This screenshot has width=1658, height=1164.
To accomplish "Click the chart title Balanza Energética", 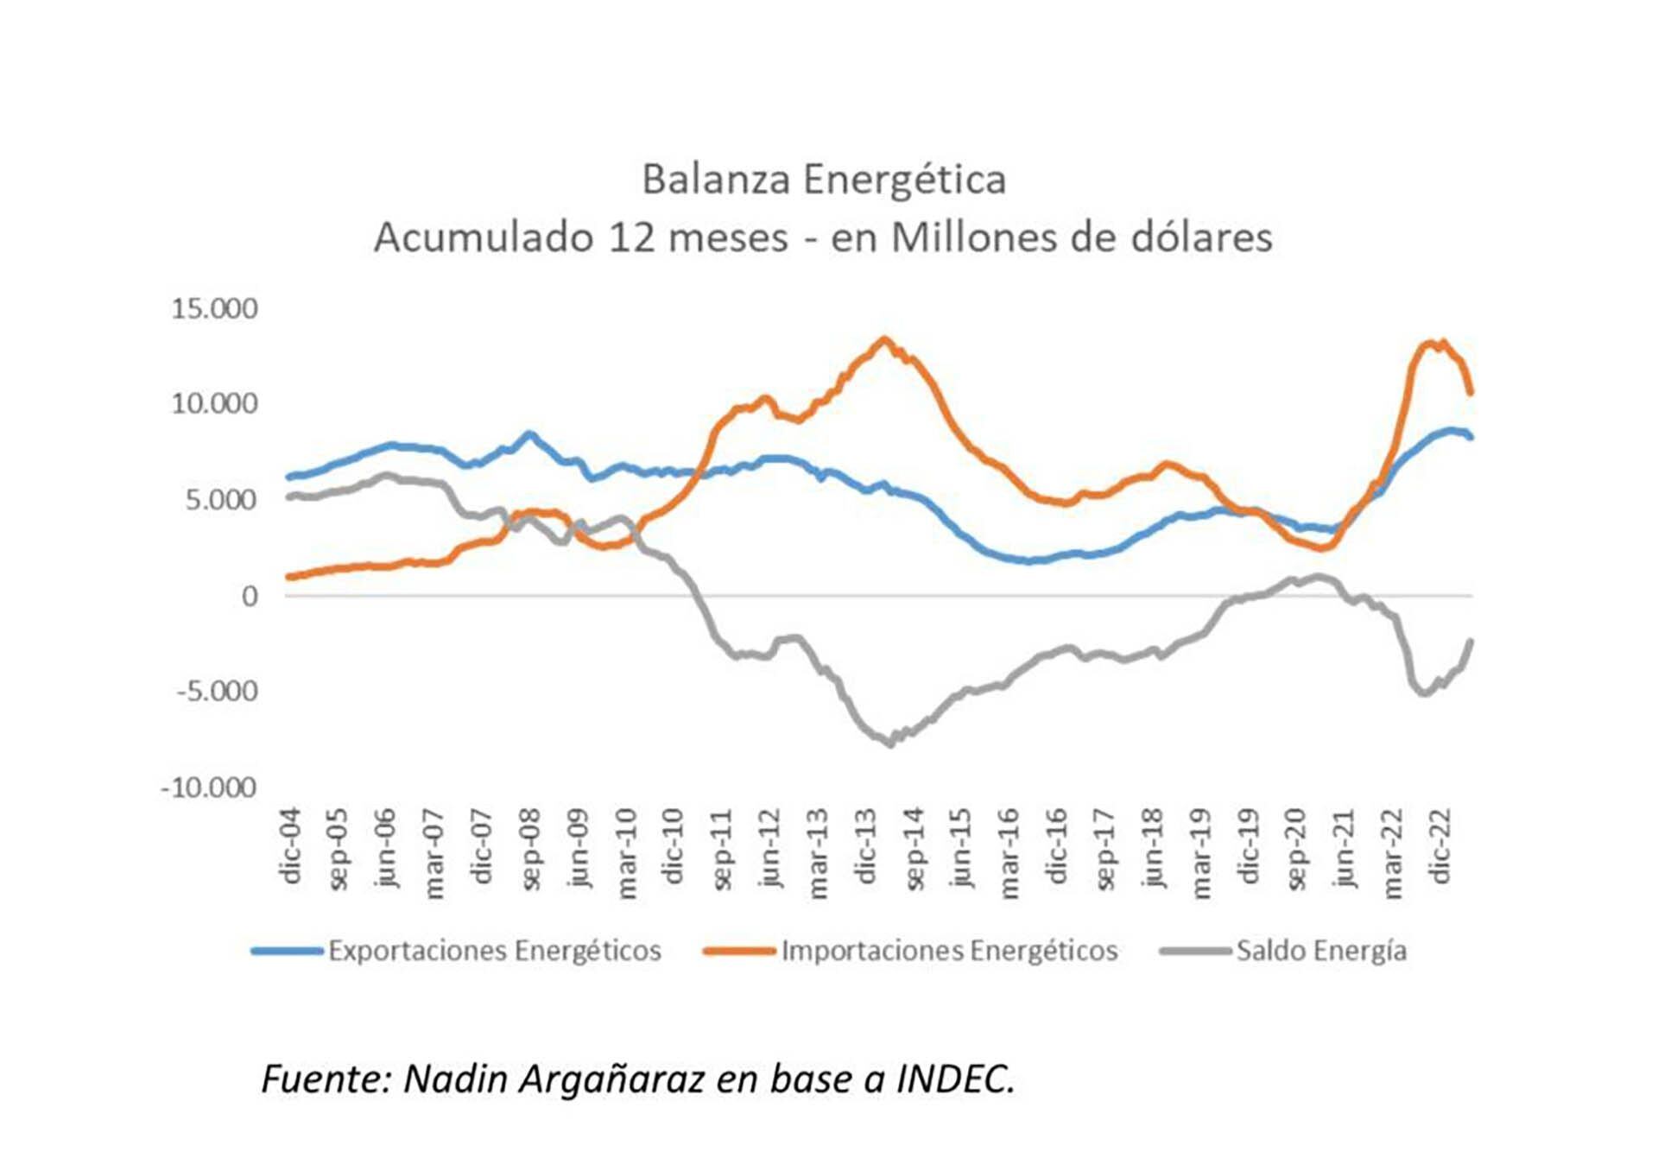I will click(x=823, y=180).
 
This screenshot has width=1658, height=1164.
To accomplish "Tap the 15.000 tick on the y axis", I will click(x=214, y=308).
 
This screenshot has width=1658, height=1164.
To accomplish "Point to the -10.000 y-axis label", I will click(x=208, y=788).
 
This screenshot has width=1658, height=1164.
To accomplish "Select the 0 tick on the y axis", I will click(x=250, y=596).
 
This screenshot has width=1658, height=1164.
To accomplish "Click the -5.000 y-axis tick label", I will click(x=217, y=692).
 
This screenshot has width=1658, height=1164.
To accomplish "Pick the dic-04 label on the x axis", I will click(x=291, y=846).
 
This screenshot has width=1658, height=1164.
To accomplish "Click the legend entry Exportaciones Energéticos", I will click(x=494, y=951).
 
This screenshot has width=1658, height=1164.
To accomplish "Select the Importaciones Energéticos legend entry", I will click(x=949, y=951).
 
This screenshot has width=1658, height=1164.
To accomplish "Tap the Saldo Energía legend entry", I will click(x=1320, y=951).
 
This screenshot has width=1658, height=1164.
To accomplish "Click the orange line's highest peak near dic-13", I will click(x=883, y=339).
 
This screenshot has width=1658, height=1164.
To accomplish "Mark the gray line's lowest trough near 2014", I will click(x=890, y=743).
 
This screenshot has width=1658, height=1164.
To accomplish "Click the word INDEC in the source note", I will click(x=954, y=1079).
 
